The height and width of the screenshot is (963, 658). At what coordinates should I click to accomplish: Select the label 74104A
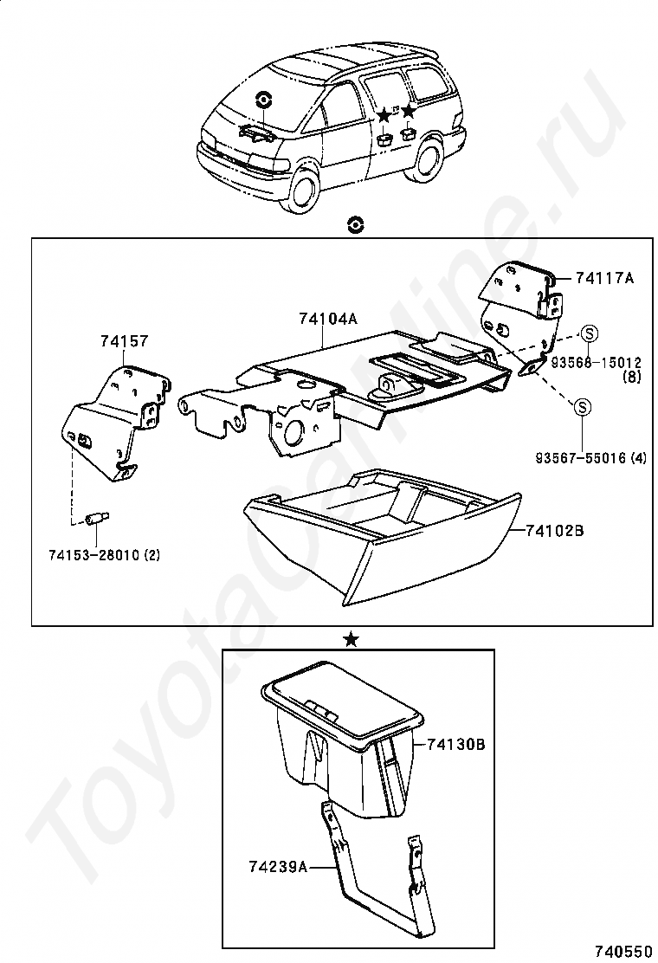pyautogui.click(x=327, y=319)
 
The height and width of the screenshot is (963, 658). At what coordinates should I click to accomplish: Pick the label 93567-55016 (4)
pyautogui.click(x=590, y=457)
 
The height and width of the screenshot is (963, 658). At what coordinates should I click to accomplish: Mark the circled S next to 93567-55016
pyautogui.click(x=583, y=406)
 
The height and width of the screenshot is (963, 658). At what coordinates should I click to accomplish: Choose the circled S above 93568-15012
pyautogui.click(x=589, y=333)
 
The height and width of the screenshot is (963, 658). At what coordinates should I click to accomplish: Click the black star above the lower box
pyautogui.click(x=351, y=639)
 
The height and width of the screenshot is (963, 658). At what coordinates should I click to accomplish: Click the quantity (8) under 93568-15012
pyautogui.click(x=633, y=378)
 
